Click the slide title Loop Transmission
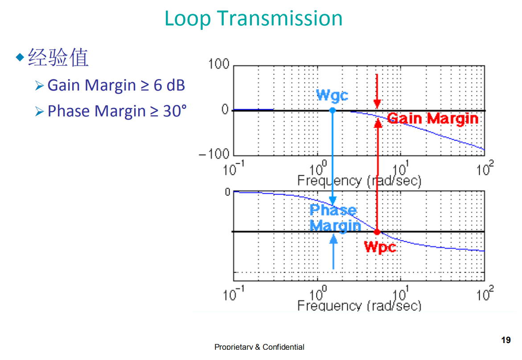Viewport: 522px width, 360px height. pos(254,18)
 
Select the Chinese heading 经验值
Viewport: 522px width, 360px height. pos(58,58)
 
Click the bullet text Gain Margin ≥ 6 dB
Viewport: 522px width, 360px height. pos(116,85)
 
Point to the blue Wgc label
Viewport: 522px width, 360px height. pos(332,95)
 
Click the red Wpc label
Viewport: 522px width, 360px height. pos(380,246)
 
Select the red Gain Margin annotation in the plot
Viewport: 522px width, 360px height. pos(432,119)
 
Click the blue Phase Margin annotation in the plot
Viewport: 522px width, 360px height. pos(334,218)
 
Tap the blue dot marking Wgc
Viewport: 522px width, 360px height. pos(332,110)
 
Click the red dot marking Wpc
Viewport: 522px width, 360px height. pos(377,232)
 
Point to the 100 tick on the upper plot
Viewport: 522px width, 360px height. pos(218,65)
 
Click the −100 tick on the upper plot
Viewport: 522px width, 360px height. pos(214,154)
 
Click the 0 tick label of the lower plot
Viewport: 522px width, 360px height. pos(227,192)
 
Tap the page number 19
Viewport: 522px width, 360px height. pos(506,340)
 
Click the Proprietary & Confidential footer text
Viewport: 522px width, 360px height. pos(259,347)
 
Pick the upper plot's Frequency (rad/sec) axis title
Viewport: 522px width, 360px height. pos(359,181)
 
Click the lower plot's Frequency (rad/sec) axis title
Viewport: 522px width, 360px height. pos(359,305)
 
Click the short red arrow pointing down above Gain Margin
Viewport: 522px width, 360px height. pos(377,91)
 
